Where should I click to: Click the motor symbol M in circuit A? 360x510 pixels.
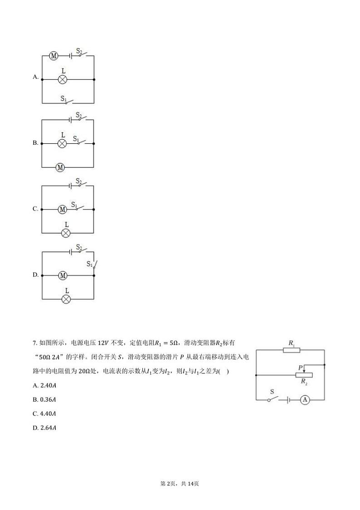54,56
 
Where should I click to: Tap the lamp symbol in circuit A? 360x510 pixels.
63,79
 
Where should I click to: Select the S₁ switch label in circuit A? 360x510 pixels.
64,98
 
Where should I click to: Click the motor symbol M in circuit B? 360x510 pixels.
60,167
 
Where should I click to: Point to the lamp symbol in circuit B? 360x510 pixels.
63,143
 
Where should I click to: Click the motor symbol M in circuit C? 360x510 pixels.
63,210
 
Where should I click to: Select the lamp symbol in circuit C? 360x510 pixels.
66,233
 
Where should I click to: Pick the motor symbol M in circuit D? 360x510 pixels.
63,275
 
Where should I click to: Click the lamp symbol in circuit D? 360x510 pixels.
66,299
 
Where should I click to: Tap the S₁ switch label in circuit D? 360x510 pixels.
89,264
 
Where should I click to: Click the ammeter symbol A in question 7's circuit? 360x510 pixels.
305,400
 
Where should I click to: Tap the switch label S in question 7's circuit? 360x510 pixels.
272,391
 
